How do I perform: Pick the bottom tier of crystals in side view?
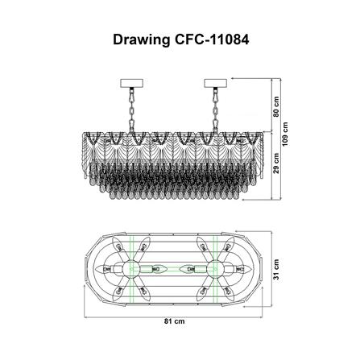(173, 194)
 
